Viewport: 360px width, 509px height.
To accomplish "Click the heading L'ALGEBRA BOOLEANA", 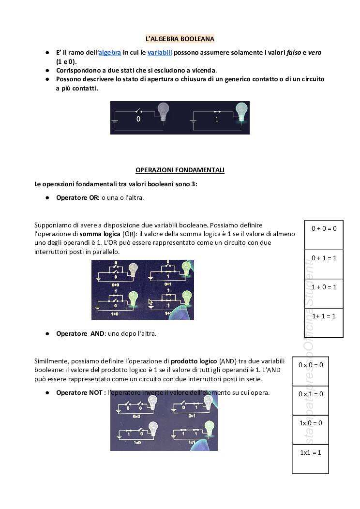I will (x=180, y=39).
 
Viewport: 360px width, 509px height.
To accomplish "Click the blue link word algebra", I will (x=110, y=52).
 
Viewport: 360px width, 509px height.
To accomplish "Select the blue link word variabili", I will (x=160, y=52).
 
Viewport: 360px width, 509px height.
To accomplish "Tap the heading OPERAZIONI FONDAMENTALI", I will (x=180, y=170).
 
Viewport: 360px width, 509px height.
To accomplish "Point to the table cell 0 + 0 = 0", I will (x=324, y=228).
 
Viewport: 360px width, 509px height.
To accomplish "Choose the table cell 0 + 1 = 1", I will (x=324, y=258).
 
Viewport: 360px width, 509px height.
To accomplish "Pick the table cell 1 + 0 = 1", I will (x=324, y=287).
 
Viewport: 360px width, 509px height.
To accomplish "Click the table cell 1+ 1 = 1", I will (x=324, y=316).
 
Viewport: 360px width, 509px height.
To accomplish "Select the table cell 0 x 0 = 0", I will (x=311, y=365).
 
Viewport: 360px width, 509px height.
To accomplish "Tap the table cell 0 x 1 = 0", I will (x=311, y=394).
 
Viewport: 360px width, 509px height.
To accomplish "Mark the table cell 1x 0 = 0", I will (x=311, y=423).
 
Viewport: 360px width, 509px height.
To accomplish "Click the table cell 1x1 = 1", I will (x=311, y=452).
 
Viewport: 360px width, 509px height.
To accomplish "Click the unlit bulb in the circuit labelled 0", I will (x=164, y=112).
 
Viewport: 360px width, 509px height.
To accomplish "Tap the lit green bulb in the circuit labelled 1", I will (x=240, y=111).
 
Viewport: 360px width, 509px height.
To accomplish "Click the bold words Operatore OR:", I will (x=78, y=197).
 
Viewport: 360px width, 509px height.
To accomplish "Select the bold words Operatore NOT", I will (x=79, y=392).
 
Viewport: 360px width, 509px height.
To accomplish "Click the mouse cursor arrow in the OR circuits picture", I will (x=150, y=302).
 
